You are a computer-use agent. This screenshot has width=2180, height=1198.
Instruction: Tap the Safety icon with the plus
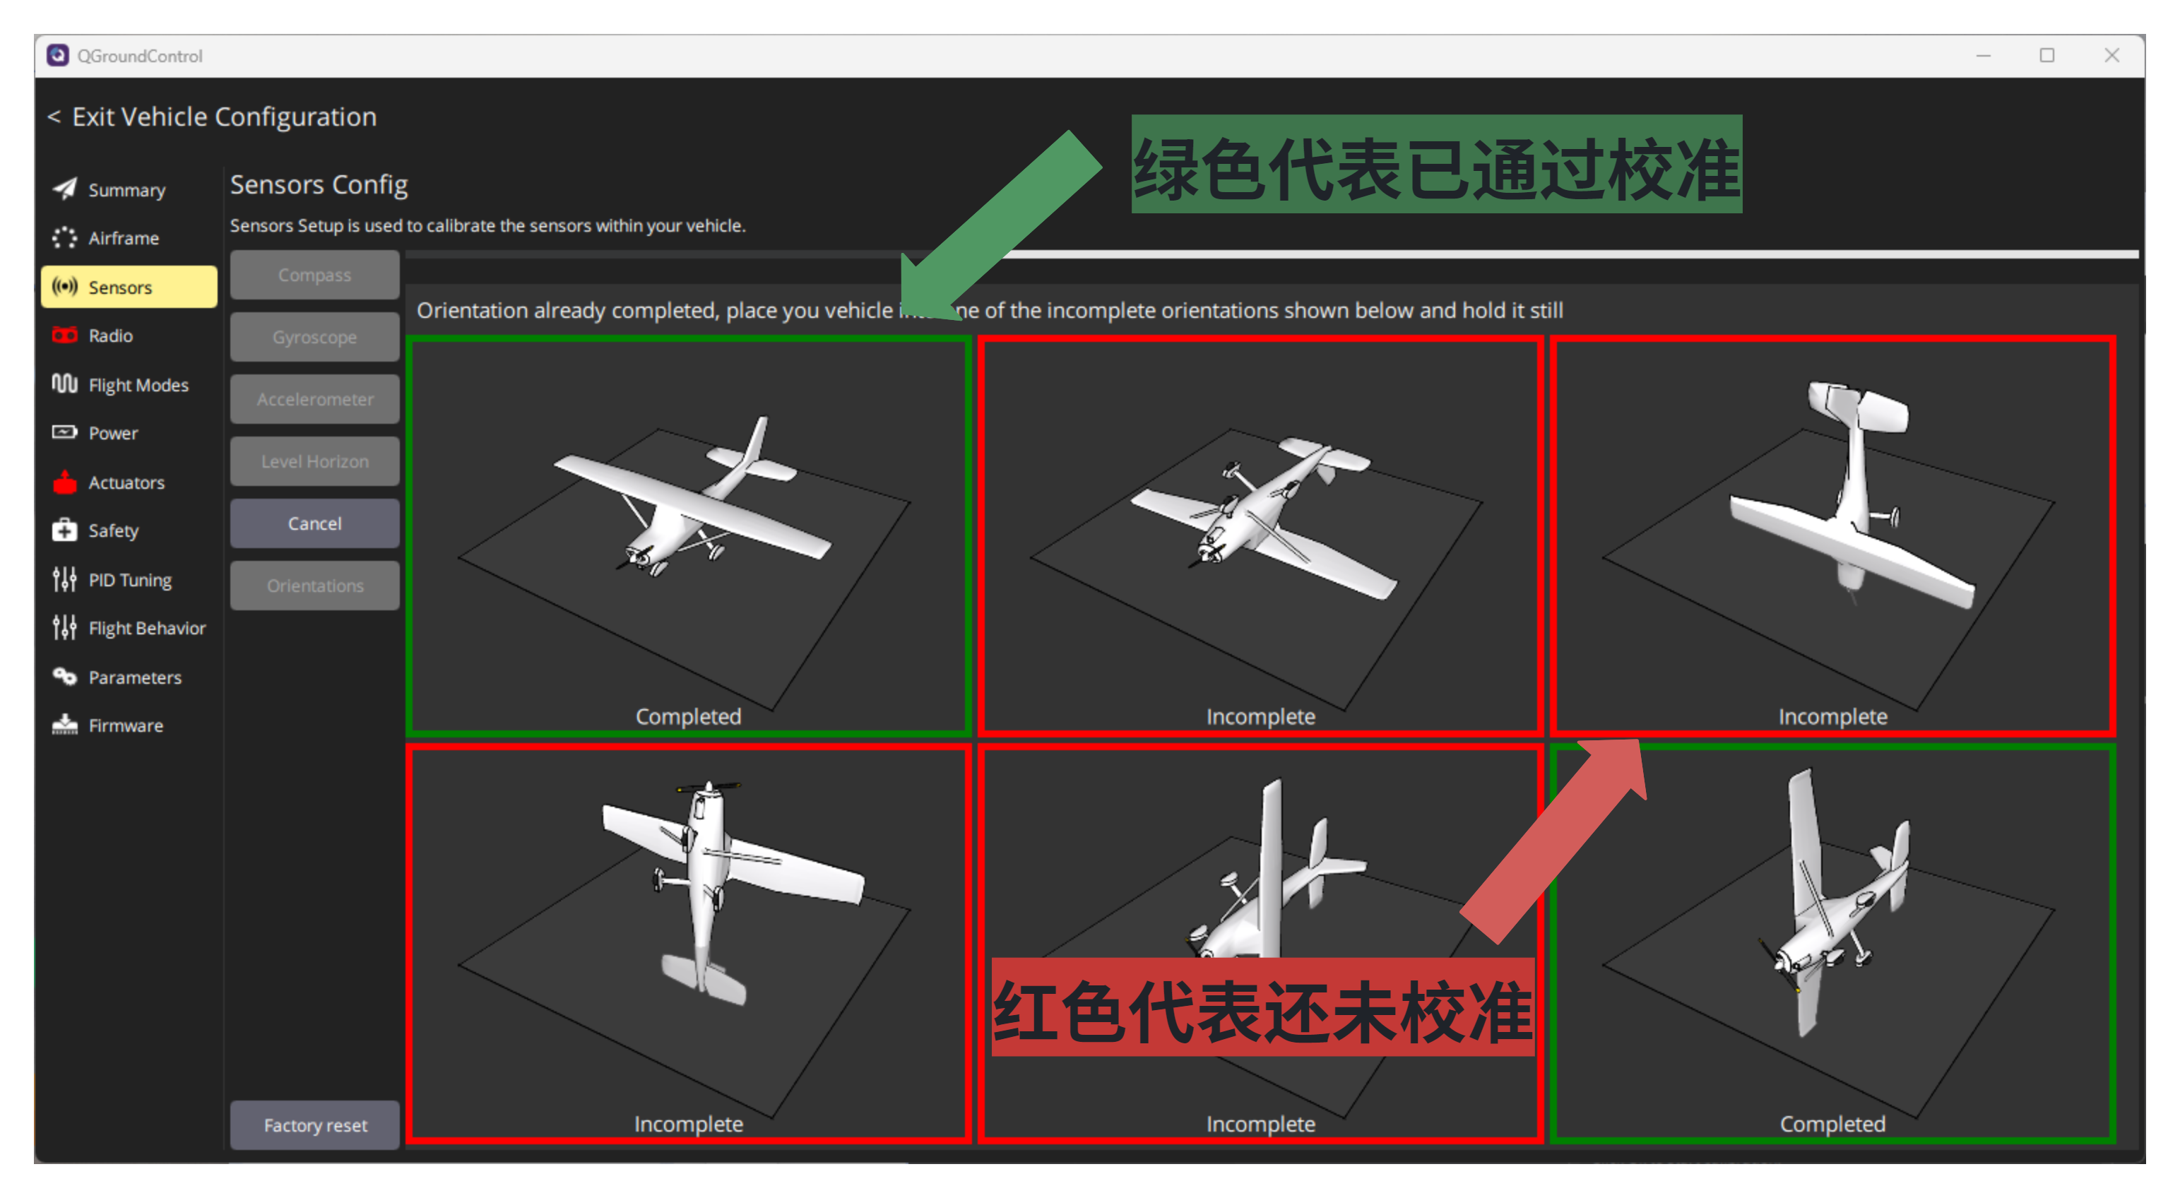click(64, 530)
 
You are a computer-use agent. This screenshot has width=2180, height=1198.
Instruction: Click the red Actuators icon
click(64, 482)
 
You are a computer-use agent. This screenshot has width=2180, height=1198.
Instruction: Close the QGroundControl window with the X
click(2111, 56)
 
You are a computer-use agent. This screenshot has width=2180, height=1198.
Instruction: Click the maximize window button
click(2047, 56)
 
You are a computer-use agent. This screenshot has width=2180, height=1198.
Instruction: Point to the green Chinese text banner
click(1436, 164)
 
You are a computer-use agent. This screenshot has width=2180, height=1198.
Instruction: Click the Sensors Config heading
click(319, 184)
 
